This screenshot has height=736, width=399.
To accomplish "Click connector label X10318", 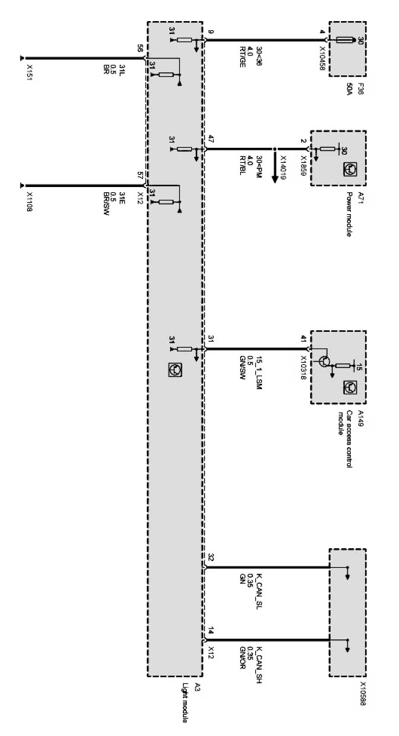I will pos(304,367).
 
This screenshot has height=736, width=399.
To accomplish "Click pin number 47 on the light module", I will pos(210,140).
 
